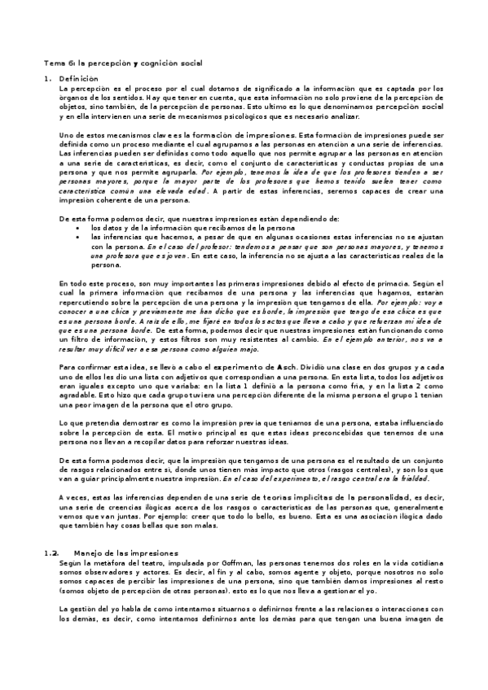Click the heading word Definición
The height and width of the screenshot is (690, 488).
point(78,78)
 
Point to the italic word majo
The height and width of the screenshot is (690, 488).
point(245,348)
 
